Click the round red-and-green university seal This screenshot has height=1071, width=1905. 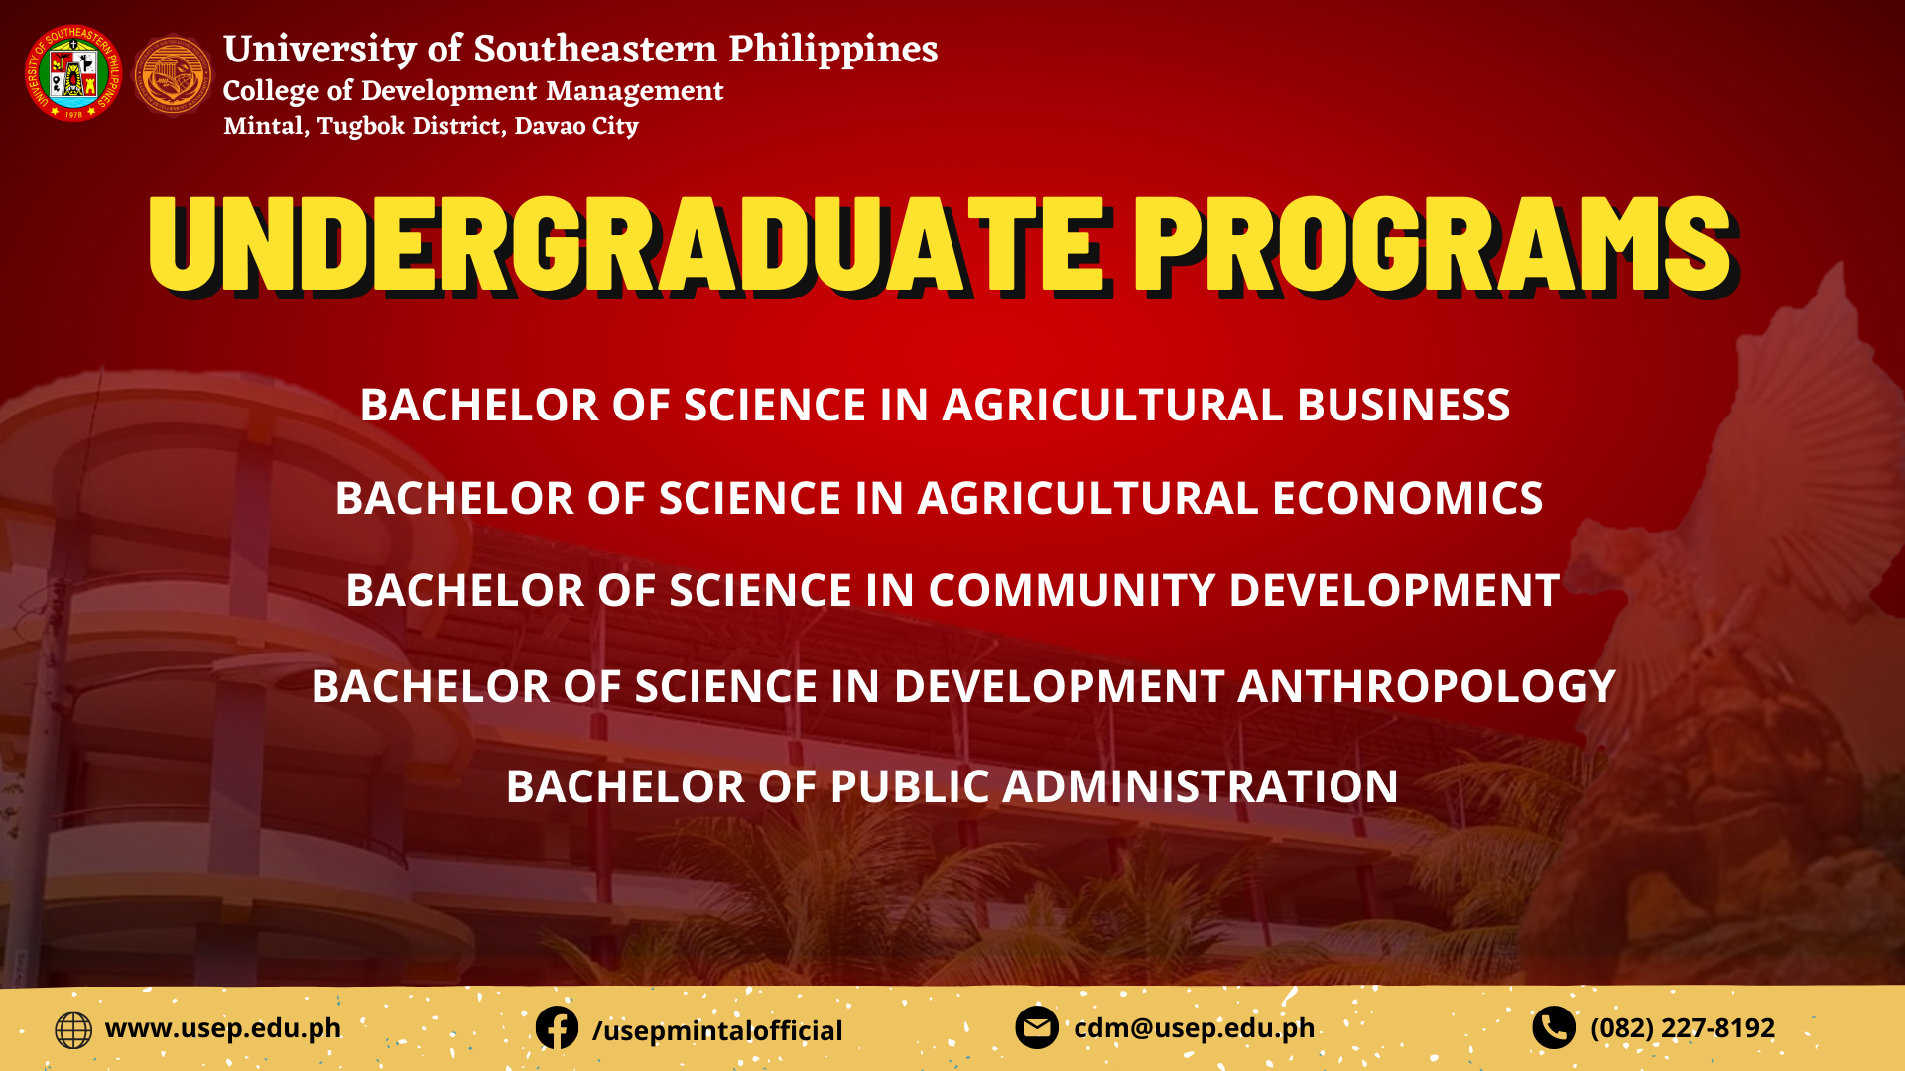(73, 73)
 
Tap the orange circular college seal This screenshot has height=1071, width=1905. (173, 74)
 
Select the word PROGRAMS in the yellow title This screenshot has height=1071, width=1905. (1435, 245)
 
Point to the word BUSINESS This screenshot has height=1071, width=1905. (1404, 405)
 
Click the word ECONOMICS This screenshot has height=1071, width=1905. (1408, 498)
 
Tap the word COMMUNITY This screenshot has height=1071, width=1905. (1073, 590)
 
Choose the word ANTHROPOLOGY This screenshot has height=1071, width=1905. (1427, 686)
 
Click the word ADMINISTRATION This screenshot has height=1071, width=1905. (1201, 786)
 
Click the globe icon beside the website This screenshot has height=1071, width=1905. (73, 1030)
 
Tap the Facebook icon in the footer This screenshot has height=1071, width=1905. (557, 1028)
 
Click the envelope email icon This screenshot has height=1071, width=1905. (1037, 1028)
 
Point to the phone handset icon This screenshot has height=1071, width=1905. (1554, 1028)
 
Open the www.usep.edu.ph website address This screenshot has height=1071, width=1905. (223, 1028)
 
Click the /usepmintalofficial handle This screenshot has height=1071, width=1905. (717, 1031)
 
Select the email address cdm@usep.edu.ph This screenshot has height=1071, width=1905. (1195, 1028)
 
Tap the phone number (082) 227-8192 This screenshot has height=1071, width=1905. (1683, 1028)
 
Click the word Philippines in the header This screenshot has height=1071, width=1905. (833, 50)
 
